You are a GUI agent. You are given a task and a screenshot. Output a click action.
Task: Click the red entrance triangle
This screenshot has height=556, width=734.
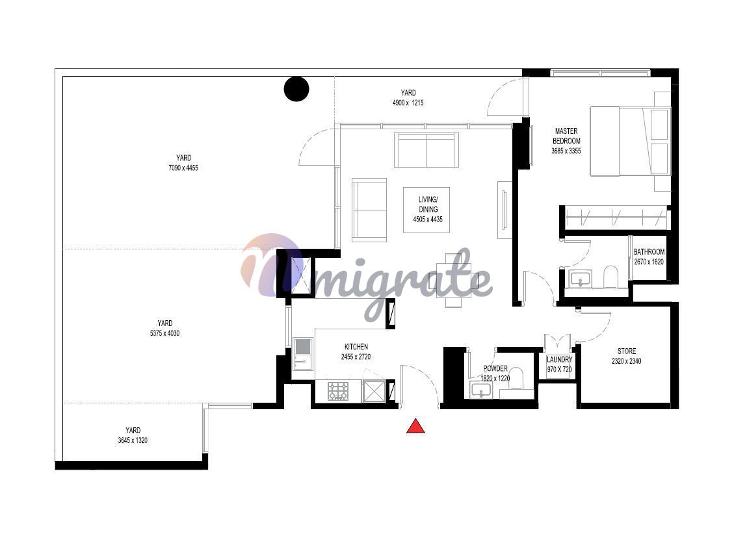click(x=415, y=427)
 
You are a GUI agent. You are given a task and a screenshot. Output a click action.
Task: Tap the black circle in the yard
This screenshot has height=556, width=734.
click(x=296, y=89)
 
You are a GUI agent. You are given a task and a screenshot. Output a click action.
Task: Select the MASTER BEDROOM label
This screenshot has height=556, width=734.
click(x=566, y=136)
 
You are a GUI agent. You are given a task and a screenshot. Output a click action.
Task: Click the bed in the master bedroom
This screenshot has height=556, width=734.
click(x=630, y=141)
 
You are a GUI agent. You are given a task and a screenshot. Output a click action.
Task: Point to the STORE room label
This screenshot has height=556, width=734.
click(x=627, y=351)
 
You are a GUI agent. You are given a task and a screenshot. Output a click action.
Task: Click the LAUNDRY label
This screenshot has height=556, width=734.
click(x=559, y=360)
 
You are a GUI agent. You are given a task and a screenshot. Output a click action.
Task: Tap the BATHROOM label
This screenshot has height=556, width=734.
click(x=649, y=251)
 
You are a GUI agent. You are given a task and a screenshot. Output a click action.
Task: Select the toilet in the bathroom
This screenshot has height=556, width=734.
click(x=611, y=277)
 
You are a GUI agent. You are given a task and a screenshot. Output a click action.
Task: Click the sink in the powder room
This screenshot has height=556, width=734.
click(x=480, y=390)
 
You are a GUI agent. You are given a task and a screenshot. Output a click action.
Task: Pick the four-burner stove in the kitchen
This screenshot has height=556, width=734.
click(x=338, y=391)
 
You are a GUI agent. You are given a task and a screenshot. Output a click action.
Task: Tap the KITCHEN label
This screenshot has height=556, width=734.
click(x=356, y=347)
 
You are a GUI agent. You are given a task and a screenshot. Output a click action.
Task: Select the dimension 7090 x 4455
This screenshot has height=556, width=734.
click(x=183, y=168)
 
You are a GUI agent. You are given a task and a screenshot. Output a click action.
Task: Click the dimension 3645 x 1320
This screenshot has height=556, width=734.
click(x=133, y=440)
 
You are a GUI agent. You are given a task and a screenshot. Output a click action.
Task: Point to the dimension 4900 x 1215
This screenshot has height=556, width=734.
click(x=408, y=103)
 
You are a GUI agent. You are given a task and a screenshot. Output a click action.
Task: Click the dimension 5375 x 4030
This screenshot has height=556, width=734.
click(x=164, y=333)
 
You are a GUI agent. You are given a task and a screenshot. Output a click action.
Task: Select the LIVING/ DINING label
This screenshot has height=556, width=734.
click(x=428, y=205)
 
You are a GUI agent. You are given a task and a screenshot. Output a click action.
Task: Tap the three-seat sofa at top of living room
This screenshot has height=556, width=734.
click(x=426, y=149)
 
